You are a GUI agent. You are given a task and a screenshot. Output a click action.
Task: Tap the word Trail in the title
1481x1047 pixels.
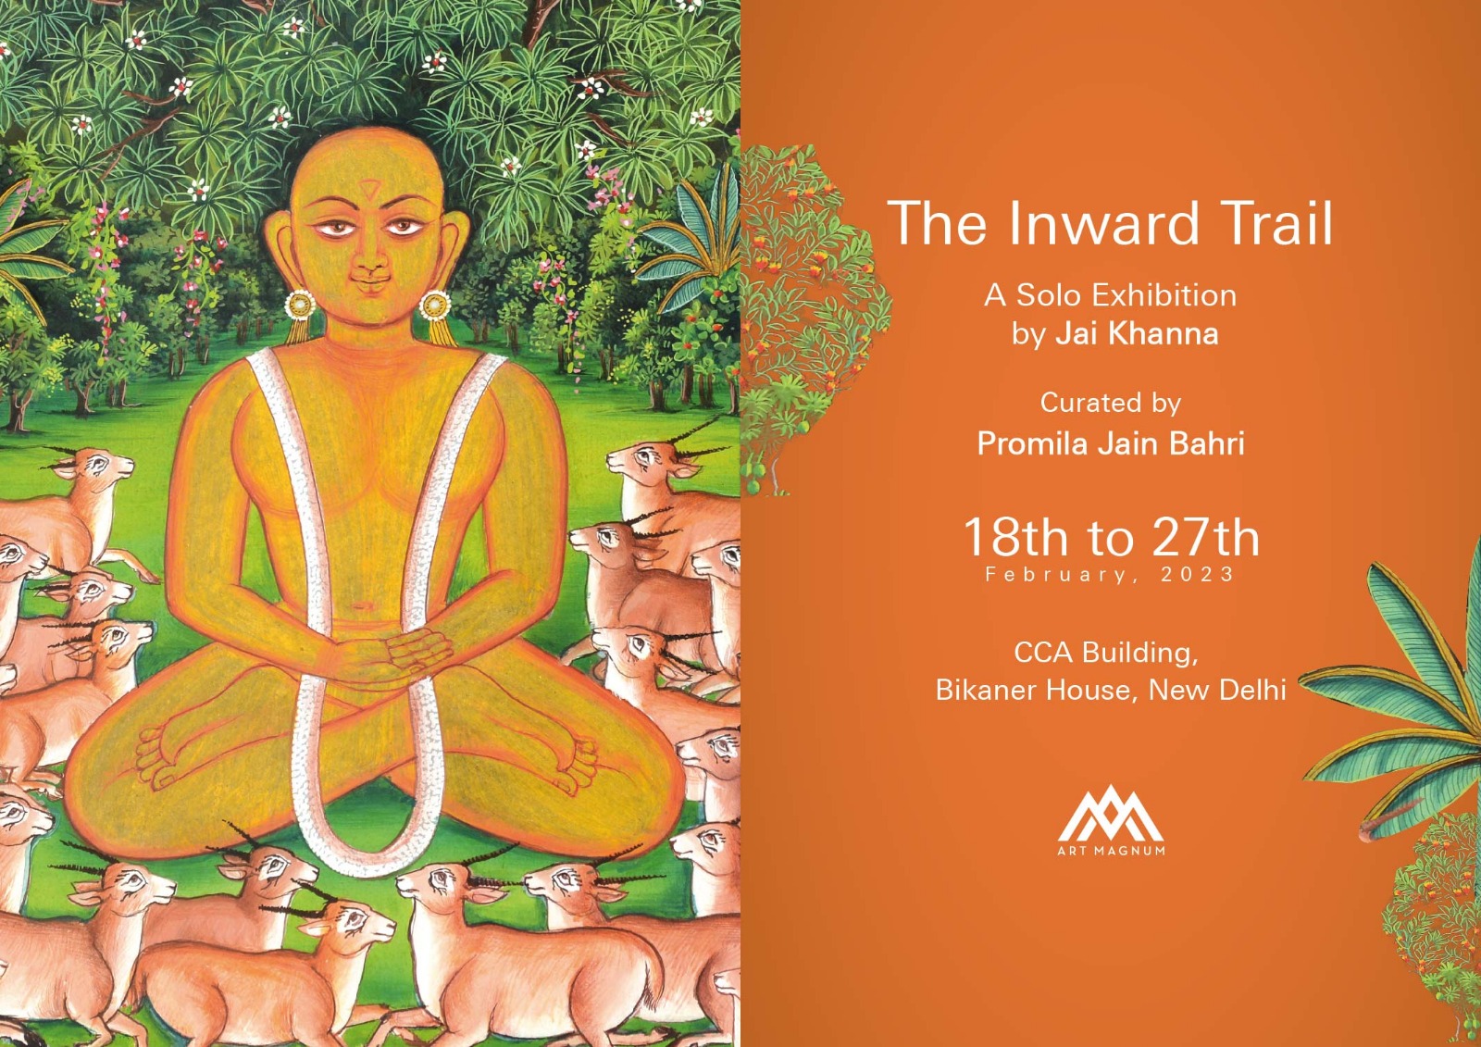(x=1275, y=223)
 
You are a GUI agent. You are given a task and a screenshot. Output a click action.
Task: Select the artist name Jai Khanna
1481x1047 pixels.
(x=1137, y=333)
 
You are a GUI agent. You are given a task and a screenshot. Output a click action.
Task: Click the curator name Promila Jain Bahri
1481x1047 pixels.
(x=1111, y=443)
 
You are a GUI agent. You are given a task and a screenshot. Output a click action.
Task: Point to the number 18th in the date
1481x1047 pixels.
(x=1015, y=538)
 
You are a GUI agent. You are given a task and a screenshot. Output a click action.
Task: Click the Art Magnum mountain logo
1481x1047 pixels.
(x=1111, y=814)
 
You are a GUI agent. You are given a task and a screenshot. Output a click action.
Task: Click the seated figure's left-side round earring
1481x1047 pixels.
(x=300, y=305)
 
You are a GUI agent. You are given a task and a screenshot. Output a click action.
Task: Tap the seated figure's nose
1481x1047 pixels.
(x=372, y=263)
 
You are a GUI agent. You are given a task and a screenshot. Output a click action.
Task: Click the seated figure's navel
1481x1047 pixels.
(x=362, y=605)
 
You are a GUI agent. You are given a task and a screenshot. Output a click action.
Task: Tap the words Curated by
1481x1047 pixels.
(x=1111, y=404)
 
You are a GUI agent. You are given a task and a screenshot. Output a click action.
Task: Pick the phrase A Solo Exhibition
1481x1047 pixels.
(x=1110, y=295)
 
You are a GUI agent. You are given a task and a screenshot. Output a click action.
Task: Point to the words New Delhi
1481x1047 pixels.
(x=1217, y=691)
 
